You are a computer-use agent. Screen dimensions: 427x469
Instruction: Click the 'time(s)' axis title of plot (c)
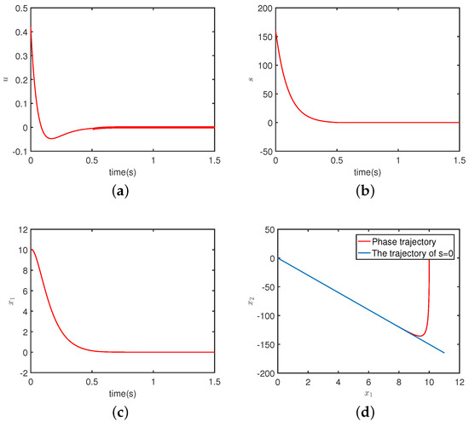pos(122,393)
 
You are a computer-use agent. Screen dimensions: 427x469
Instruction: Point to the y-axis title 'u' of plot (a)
pos(5,80)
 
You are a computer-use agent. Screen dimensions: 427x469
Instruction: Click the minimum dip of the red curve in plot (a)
pos(51,138)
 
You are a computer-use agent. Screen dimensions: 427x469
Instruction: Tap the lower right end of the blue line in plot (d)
pos(445,353)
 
